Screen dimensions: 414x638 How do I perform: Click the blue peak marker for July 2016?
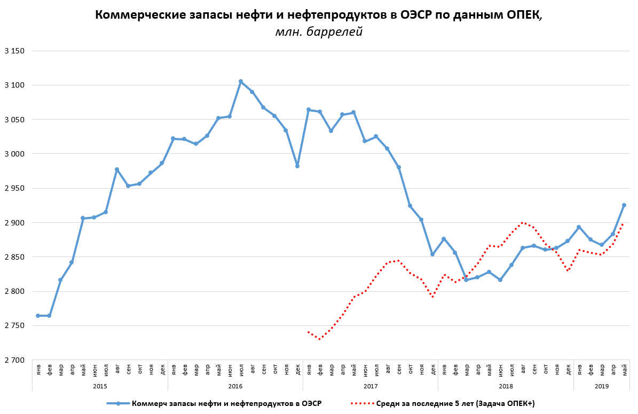241,81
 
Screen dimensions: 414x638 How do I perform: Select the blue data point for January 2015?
38,316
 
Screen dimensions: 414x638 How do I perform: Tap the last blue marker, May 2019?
624,205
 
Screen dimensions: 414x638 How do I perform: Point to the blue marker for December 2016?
297,166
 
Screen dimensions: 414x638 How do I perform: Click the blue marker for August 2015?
117,169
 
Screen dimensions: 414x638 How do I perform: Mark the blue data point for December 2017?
432,254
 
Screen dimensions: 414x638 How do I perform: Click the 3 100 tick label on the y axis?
14,85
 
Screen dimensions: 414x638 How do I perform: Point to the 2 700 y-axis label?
14,360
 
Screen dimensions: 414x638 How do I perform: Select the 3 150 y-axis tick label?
14,51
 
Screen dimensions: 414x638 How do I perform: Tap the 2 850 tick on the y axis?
14,257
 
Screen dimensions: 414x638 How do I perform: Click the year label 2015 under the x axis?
100,385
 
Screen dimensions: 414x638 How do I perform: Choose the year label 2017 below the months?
371,385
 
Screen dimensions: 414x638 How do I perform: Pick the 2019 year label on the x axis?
601,385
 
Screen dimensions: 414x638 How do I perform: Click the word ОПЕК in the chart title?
523,15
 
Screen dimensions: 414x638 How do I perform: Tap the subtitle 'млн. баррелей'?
319,33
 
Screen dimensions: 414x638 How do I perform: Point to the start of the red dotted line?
309,332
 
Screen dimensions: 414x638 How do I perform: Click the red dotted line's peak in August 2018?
523,223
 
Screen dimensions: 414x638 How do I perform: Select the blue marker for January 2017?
309,110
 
